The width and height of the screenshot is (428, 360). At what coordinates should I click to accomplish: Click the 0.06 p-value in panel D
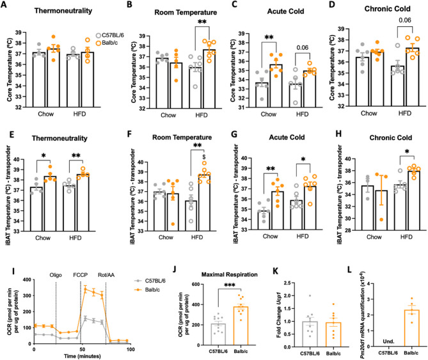pos(395,38)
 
